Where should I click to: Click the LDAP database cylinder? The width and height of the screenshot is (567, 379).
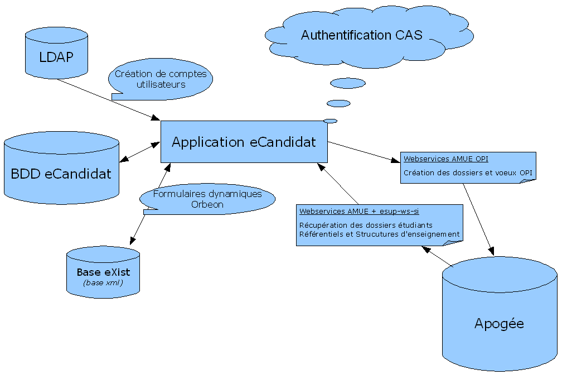tap(56, 56)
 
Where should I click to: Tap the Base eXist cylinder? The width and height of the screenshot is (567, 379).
tap(103, 274)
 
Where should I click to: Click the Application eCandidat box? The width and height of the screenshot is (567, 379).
tap(244, 142)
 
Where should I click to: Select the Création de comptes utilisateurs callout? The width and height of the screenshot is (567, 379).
tap(161, 79)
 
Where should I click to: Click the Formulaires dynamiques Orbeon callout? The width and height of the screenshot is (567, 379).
tap(207, 199)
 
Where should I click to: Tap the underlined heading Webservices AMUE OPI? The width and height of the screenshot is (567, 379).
tap(446, 159)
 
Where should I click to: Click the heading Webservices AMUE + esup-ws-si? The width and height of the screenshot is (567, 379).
tap(359, 211)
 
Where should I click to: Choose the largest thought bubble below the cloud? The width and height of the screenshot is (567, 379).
tap(347, 83)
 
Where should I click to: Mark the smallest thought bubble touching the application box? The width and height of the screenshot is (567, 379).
tap(330, 121)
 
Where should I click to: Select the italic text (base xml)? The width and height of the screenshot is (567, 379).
tap(103, 283)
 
